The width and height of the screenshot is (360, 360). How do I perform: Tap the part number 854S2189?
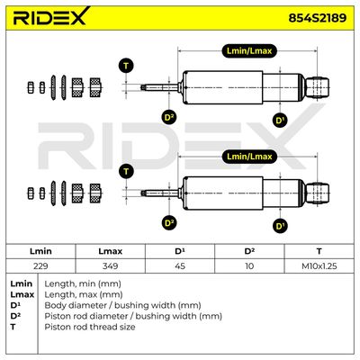(x=318, y=18)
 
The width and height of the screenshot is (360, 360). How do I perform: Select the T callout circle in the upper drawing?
(x=126, y=66)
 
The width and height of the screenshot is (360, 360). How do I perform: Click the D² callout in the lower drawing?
(x=169, y=223)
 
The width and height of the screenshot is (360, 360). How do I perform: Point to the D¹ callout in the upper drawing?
(x=280, y=121)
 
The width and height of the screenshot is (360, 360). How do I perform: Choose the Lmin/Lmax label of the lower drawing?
(x=249, y=157)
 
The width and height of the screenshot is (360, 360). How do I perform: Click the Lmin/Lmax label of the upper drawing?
(x=249, y=51)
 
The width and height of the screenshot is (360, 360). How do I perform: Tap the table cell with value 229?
(x=40, y=266)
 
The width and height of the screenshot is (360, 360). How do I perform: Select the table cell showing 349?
(x=110, y=266)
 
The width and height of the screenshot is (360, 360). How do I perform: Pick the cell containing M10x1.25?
(x=319, y=266)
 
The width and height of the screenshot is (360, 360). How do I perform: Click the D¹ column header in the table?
(x=180, y=251)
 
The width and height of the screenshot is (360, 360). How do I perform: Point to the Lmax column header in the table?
(x=110, y=251)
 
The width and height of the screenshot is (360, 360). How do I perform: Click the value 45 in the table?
(x=180, y=266)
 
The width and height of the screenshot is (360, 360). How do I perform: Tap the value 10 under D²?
(x=249, y=266)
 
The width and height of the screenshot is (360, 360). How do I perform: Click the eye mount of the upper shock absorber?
(x=318, y=87)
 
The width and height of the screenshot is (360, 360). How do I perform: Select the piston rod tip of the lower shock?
(x=143, y=193)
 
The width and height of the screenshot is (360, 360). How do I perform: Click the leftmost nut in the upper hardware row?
(x=31, y=87)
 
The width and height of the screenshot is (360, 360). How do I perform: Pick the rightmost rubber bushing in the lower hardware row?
(x=95, y=193)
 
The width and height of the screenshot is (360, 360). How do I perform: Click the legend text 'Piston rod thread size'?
(x=90, y=327)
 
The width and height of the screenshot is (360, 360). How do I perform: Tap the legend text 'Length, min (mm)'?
(x=83, y=283)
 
